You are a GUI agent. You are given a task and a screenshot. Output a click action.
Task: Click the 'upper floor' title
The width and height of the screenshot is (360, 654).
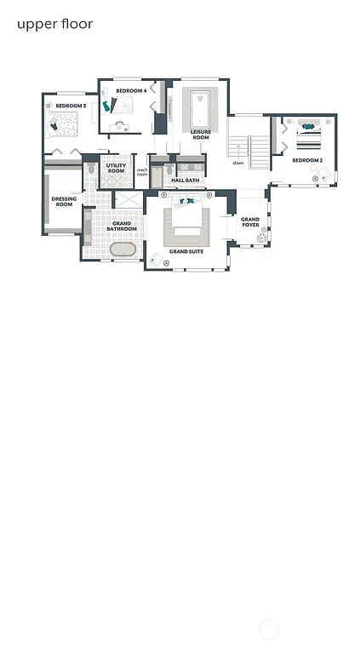[54, 24]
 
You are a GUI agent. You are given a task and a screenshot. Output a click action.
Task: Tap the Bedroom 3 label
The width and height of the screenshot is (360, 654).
[71, 106]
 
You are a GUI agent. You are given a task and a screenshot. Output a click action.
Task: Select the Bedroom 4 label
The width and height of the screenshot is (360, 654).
[131, 90]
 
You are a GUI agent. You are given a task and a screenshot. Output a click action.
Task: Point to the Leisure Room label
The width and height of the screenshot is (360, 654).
[201, 135]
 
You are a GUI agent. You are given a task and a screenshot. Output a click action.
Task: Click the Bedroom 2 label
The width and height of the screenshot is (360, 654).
[307, 160]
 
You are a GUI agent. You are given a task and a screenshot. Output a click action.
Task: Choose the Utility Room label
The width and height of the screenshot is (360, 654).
[116, 169]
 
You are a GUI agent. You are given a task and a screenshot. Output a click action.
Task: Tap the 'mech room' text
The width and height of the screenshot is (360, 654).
[142, 173]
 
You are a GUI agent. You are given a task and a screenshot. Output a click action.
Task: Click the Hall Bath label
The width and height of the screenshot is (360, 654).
[186, 181]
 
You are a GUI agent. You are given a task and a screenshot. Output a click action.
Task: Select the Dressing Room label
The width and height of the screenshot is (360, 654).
[64, 202]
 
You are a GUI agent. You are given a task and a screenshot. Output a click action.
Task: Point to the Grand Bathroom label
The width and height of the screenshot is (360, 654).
[122, 227]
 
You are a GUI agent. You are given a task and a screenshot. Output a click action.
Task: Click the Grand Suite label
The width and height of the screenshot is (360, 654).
[186, 252]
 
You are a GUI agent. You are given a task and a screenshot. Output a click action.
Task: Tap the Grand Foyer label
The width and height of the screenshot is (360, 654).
[250, 222]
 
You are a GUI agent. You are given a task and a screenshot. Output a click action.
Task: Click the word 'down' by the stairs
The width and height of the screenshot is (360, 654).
[238, 163]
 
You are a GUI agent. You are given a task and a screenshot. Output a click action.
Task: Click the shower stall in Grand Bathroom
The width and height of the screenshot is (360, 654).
[129, 200]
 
